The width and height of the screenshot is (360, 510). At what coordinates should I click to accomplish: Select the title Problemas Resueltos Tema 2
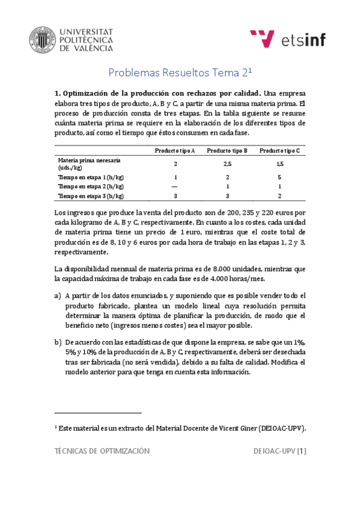(178, 73)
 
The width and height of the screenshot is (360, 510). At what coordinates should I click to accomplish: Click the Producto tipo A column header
(175, 150)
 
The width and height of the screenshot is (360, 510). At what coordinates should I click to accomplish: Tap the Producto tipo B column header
(227, 150)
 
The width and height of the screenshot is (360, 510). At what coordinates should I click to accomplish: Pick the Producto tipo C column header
(280, 150)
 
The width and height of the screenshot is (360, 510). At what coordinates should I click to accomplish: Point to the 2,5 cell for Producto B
(227, 164)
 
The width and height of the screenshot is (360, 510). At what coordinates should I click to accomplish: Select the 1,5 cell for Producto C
(280, 164)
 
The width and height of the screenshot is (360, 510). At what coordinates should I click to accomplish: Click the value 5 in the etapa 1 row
(280, 177)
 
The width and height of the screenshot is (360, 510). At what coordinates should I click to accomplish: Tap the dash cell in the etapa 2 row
(175, 187)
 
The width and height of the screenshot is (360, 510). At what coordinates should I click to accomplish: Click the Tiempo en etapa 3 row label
(91, 196)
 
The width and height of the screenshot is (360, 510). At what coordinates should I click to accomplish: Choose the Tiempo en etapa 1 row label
(91, 177)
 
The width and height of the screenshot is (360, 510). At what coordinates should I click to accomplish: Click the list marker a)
(58, 296)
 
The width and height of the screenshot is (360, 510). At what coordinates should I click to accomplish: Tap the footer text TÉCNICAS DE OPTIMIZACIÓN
(102, 450)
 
